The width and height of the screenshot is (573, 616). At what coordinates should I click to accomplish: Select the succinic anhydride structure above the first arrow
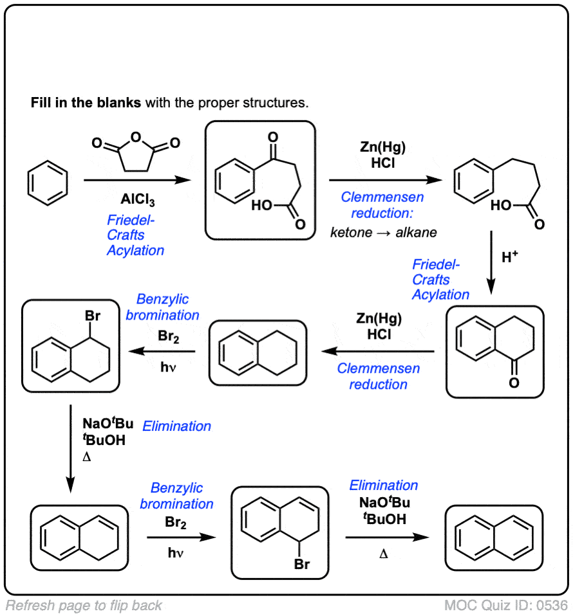[135, 153]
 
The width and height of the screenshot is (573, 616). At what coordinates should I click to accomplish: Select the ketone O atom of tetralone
[513, 383]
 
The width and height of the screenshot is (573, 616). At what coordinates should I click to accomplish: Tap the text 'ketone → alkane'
[384, 232]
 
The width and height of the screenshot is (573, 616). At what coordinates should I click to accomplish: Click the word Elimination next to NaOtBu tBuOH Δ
[176, 426]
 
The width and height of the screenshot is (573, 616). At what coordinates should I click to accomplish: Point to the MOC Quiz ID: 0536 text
[506, 605]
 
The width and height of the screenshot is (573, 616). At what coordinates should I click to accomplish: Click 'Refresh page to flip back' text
[84, 605]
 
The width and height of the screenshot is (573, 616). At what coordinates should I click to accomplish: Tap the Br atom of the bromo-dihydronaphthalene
[303, 565]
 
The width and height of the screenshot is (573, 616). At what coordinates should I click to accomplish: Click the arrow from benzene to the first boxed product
[138, 181]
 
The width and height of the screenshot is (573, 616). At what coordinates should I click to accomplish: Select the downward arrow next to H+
[491, 264]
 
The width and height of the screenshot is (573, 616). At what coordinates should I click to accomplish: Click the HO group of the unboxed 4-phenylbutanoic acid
[502, 206]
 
